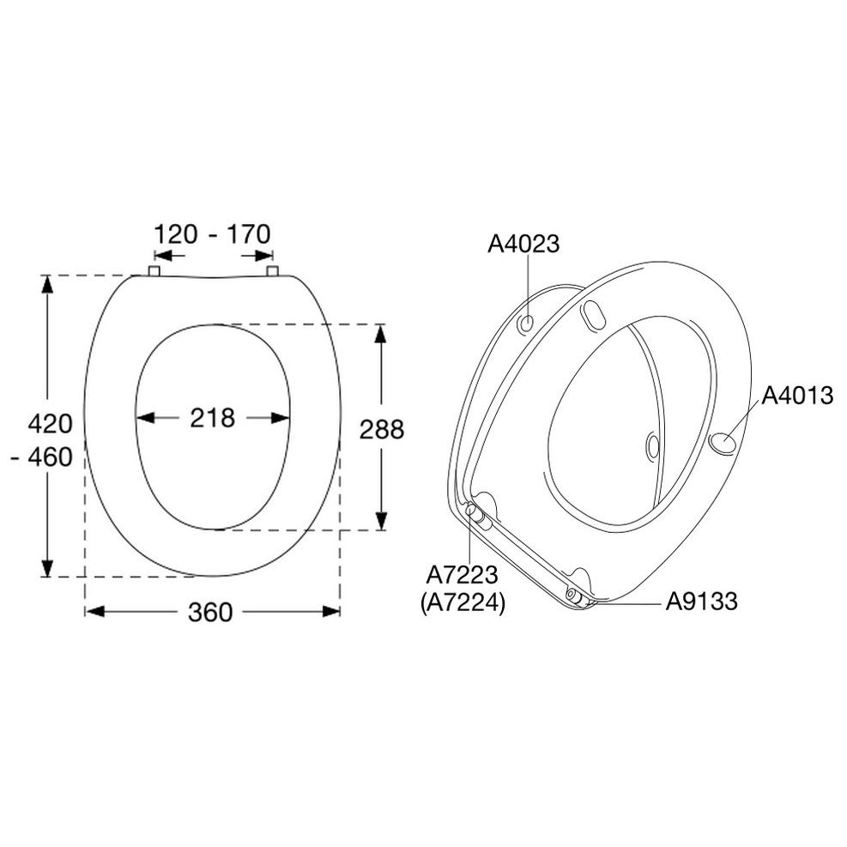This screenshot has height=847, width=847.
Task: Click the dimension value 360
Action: click(210, 612)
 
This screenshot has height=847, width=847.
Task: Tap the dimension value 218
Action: click(212, 418)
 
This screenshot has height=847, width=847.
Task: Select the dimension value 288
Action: click(382, 429)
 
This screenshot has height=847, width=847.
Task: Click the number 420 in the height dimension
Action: click(51, 424)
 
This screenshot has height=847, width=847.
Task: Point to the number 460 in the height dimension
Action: click(51, 457)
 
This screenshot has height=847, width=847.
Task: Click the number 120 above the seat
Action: click(176, 234)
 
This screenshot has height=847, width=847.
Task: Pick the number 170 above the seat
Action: click(249, 234)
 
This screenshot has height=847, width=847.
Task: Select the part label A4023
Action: click(523, 245)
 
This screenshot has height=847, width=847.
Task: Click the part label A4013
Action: click(797, 396)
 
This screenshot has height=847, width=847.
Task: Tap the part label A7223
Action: click(462, 575)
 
